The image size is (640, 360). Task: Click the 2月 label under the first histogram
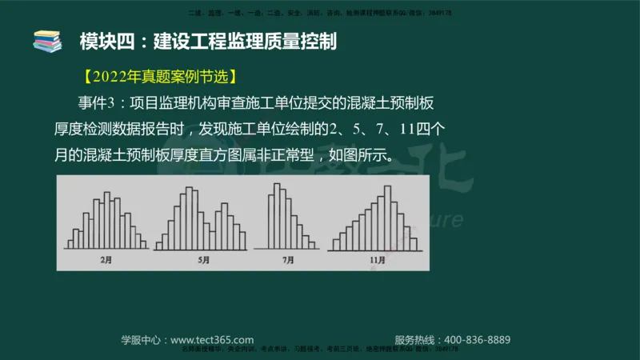coord(106,260)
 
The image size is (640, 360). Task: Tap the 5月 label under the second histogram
coord(204,260)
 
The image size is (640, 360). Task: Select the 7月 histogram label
coord(289,260)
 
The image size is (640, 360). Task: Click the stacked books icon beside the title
coord(47,39)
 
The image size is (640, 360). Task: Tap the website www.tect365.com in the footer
coord(212,339)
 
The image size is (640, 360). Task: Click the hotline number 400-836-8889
coord(477,339)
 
